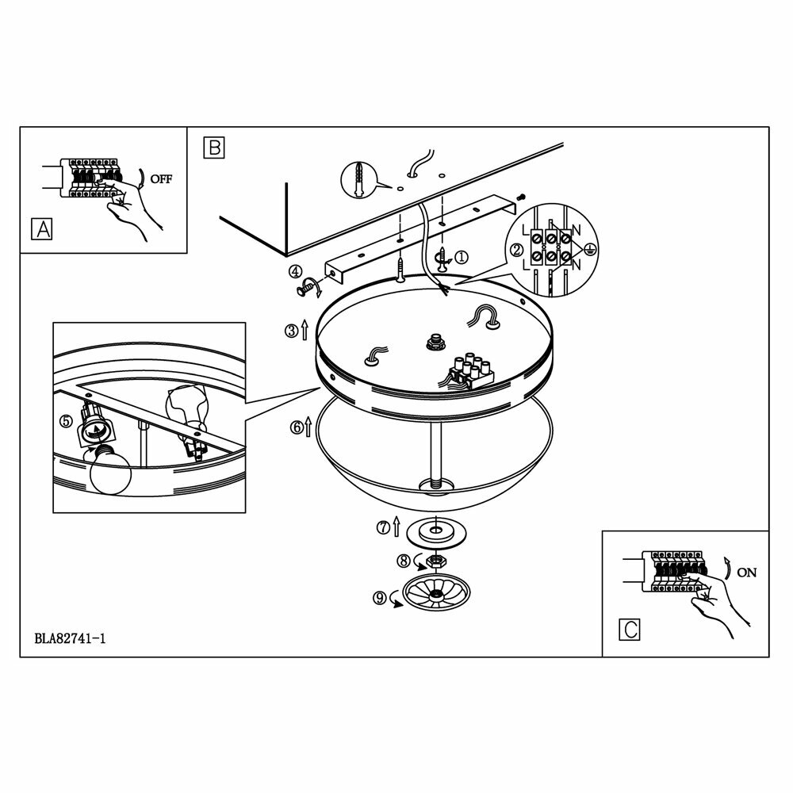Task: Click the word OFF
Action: click(x=160, y=178)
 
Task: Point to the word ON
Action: click(x=746, y=572)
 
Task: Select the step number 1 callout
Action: click(x=462, y=257)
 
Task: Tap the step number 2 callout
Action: click(x=516, y=251)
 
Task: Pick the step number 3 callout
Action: click(x=291, y=331)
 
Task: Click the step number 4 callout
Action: click(x=295, y=272)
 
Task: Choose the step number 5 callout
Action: click(x=66, y=421)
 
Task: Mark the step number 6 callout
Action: click(x=297, y=428)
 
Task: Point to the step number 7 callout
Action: click(x=382, y=526)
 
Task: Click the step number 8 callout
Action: click(x=403, y=560)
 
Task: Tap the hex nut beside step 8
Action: click(x=434, y=561)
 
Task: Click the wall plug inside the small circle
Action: click(x=361, y=178)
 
